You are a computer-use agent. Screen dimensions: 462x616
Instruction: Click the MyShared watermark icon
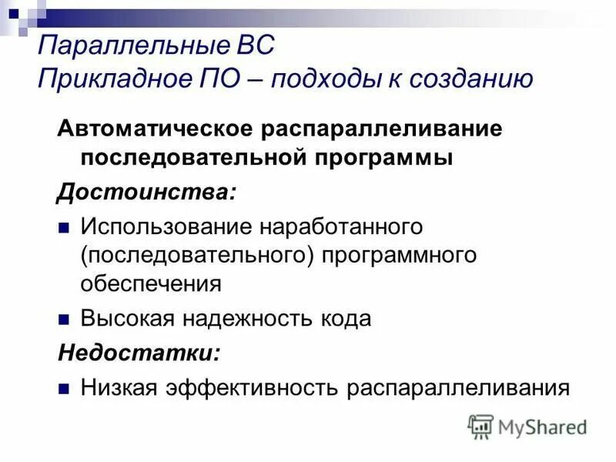pyautogui.click(x=481, y=426)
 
